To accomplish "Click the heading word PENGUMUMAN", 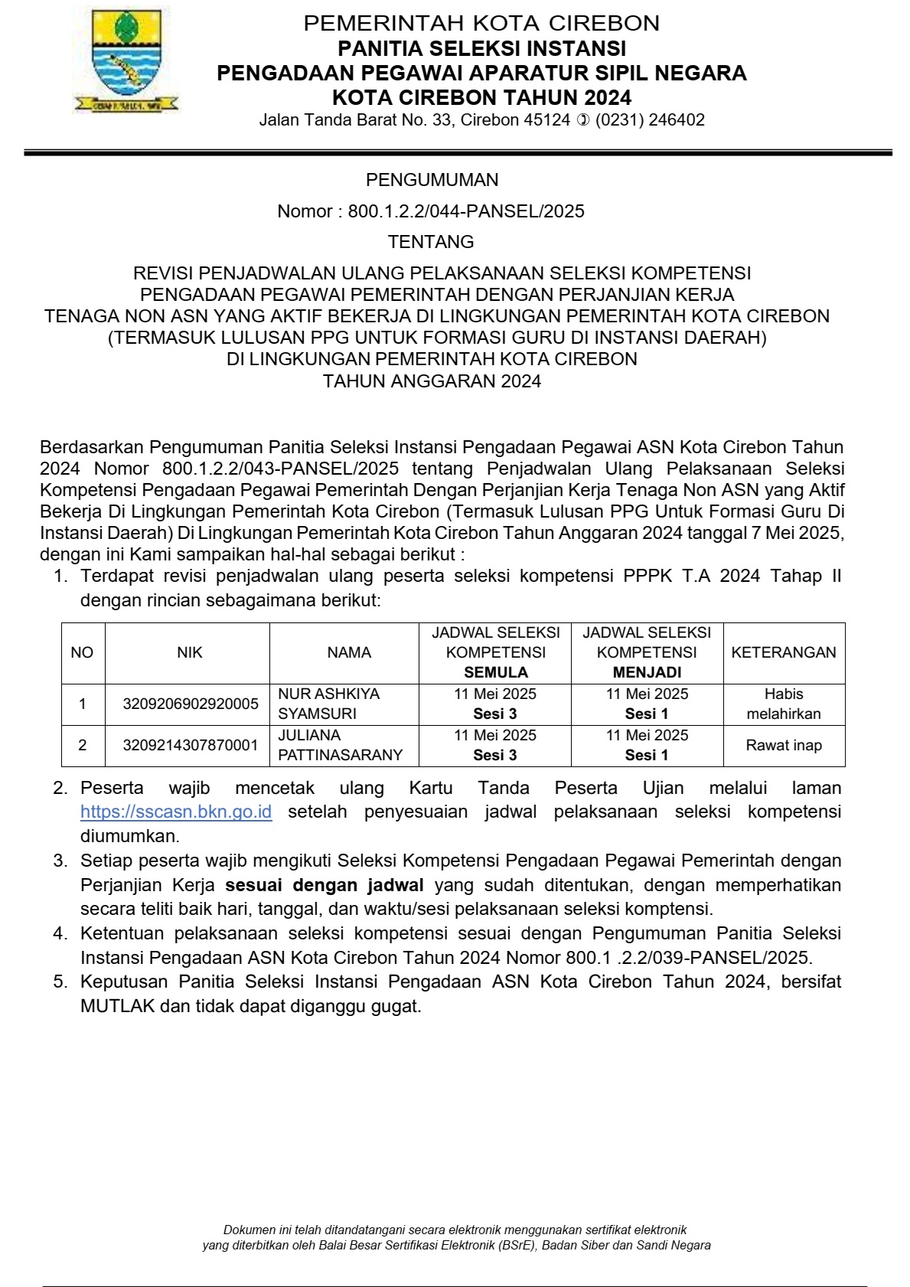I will [x=432, y=180].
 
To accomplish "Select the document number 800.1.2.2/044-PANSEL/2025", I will [x=465, y=211].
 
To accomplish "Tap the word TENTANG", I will [x=431, y=242].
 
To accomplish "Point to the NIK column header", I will [x=190, y=652].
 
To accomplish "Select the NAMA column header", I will [x=349, y=652].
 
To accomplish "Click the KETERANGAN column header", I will [x=784, y=652].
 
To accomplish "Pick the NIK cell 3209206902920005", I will [x=191, y=704].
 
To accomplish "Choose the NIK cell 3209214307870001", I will [x=191, y=745].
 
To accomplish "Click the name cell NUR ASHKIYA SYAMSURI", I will [x=329, y=704].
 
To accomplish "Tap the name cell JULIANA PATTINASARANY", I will [x=340, y=745].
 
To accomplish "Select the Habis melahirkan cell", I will [x=784, y=704].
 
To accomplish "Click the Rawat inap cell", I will [x=784, y=745].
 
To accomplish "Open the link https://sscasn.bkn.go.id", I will [x=176, y=812].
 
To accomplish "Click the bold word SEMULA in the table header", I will [x=496, y=672].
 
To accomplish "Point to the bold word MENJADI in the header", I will [x=647, y=672].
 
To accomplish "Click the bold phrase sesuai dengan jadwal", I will [x=325, y=885].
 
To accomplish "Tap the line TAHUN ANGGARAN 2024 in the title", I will [x=432, y=381].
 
